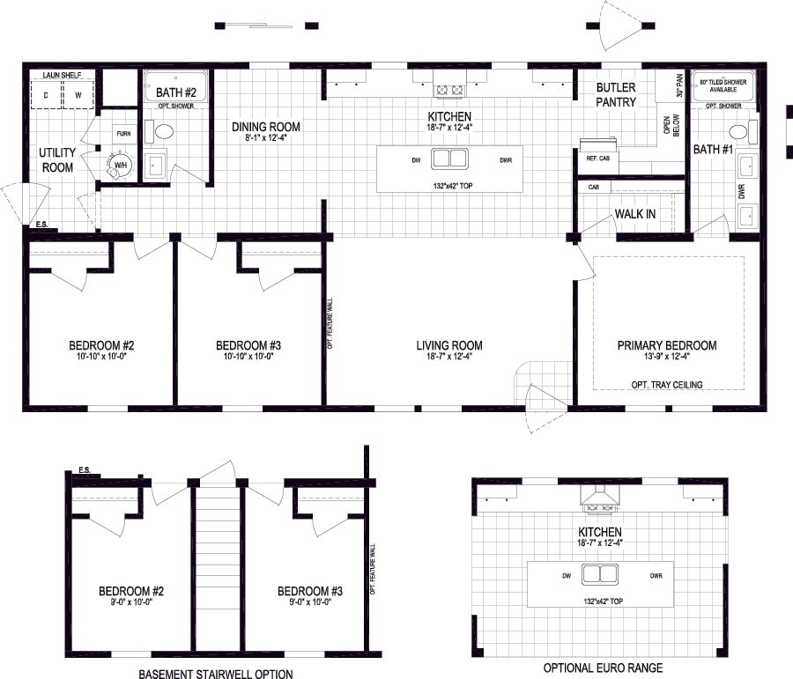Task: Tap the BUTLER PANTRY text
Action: (x=616, y=95)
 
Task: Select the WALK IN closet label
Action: (x=635, y=213)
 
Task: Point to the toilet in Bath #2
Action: (x=163, y=132)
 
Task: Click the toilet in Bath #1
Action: (x=739, y=132)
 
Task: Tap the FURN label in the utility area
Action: (x=122, y=134)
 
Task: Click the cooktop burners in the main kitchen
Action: (x=449, y=89)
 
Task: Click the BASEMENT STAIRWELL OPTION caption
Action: (x=215, y=674)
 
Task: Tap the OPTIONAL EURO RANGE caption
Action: (x=603, y=668)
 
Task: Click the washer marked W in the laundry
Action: (x=77, y=94)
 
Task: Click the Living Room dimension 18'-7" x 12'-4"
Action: (x=449, y=358)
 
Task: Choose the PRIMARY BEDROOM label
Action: (x=667, y=345)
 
